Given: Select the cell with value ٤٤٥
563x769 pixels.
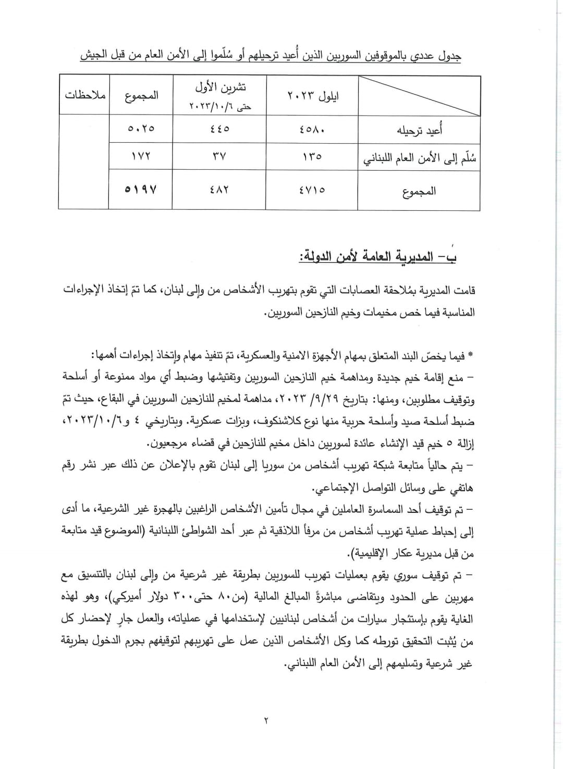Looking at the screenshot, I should tap(219, 129).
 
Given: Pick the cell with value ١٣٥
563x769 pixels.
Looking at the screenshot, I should tap(312, 156).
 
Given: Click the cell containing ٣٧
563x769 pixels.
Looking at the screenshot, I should tap(219, 156).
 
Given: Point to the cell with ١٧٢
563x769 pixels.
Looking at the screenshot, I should tap(141, 156).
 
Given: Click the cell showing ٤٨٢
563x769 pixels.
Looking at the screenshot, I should tap(219, 190).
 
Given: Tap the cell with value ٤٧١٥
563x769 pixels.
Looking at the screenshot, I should tap(312, 190).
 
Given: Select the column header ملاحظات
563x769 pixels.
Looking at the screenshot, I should tap(84, 96).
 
